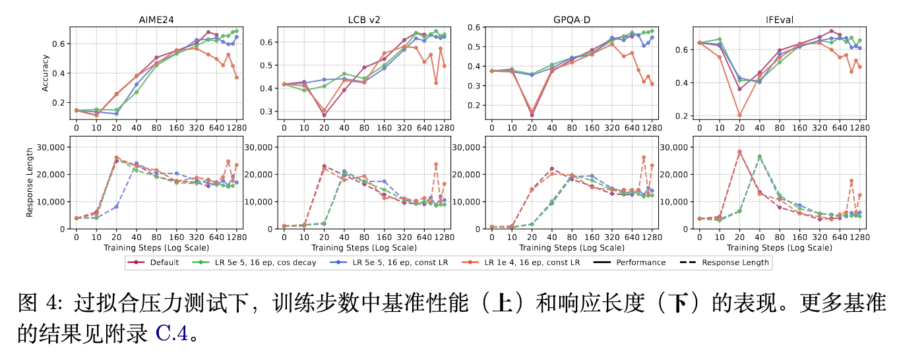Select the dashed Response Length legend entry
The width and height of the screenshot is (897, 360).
coord(726,262)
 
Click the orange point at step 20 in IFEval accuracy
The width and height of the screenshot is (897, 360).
coord(739,115)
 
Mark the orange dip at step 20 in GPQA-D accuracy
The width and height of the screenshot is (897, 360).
coord(532,113)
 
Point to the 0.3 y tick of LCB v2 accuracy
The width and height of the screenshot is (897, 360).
coord(268,111)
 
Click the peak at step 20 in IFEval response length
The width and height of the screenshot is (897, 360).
coord(739,152)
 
